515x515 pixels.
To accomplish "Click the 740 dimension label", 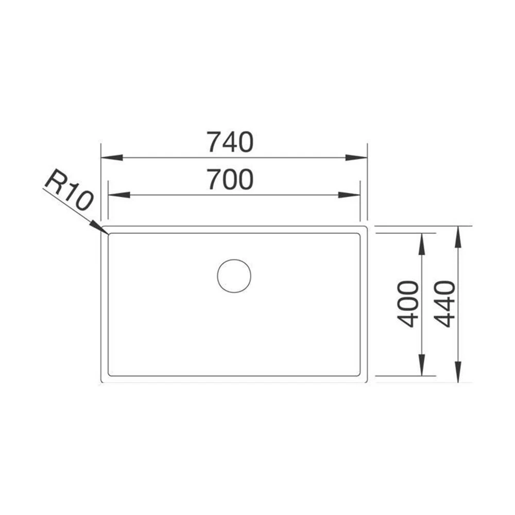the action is coord(230,142).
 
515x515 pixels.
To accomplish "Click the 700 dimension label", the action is coord(231,179).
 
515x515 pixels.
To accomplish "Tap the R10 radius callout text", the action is coord(70,191).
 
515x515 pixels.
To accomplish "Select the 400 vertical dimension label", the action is coord(408,304).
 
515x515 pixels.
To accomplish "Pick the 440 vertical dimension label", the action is coord(444,304).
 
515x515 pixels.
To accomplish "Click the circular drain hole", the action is coord(234,276).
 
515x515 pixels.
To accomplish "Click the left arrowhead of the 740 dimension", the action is coord(112,158).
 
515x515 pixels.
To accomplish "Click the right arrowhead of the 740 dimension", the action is coord(356,158).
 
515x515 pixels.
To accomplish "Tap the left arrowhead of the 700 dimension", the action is coord(119,195).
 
